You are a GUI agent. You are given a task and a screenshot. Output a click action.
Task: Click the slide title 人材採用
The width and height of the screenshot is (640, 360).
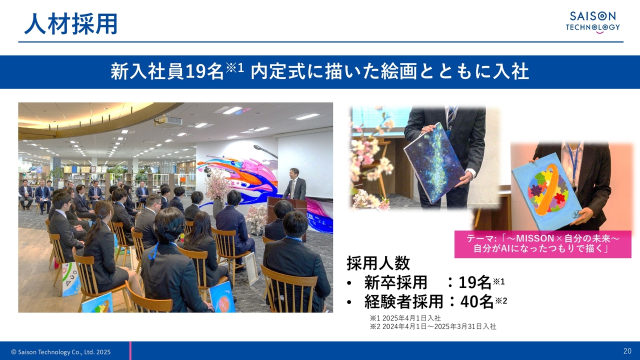(x=71, y=24)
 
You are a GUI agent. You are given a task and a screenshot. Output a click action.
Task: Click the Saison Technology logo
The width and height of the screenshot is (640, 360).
(x=593, y=23)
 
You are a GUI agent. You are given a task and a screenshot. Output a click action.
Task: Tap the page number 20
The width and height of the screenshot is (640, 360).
(x=627, y=351)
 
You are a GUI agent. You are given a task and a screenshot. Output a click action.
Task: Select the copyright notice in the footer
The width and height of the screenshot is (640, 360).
(x=61, y=352)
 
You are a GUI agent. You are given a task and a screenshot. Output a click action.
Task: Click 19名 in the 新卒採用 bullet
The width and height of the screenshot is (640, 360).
(x=475, y=282)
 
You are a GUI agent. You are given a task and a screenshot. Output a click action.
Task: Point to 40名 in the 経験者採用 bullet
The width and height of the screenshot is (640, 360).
(x=477, y=301)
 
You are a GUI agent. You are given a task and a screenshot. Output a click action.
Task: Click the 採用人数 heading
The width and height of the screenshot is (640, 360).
(x=378, y=263)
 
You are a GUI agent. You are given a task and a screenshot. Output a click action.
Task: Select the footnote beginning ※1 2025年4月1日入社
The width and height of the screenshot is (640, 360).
(x=405, y=318)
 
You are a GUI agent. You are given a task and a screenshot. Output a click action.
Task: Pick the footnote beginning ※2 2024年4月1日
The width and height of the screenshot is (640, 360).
(x=433, y=326)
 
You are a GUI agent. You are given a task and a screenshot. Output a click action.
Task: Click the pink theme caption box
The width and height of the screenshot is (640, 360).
(x=543, y=244)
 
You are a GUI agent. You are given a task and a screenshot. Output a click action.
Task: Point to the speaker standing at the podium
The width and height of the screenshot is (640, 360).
(x=294, y=184)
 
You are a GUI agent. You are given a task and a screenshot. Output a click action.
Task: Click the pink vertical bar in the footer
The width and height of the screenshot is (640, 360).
(x=130, y=350)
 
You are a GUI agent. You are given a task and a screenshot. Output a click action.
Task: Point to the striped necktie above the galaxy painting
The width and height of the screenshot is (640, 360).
(x=451, y=116)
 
